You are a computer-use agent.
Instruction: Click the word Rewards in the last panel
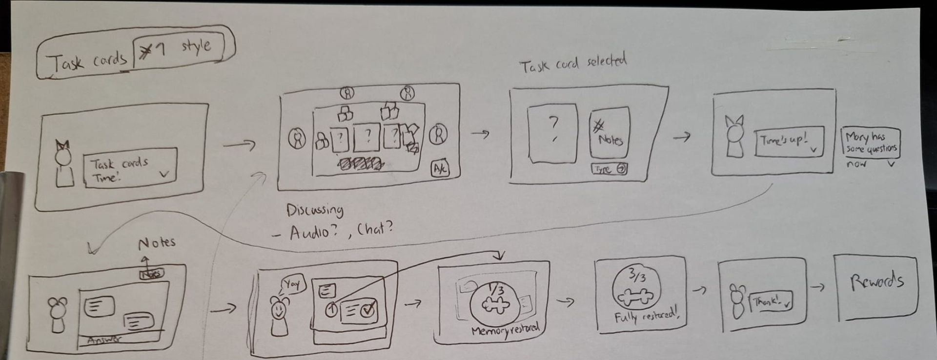point(876,282)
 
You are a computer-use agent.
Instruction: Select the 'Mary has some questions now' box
point(871,143)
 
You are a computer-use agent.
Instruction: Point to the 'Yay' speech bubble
point(292,284)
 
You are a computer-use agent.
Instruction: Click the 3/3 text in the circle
point(636,277)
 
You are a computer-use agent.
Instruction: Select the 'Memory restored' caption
point(505,330)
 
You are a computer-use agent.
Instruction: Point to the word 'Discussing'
point(315,210)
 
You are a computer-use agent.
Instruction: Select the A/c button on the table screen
point(440,169)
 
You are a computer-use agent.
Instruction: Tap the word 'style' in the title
point(196,46)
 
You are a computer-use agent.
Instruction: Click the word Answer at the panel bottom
point(105,340)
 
